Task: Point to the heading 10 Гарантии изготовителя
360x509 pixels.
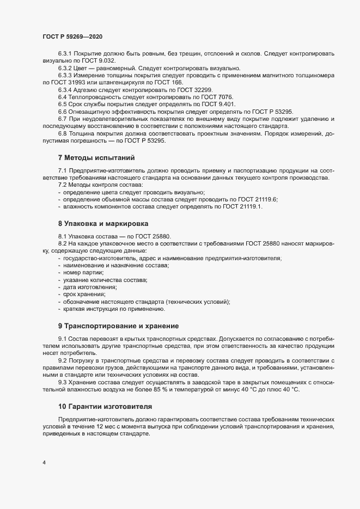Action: pos(105,407)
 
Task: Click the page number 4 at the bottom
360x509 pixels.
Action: pos(44,463)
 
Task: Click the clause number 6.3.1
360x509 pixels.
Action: pos(65,54)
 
